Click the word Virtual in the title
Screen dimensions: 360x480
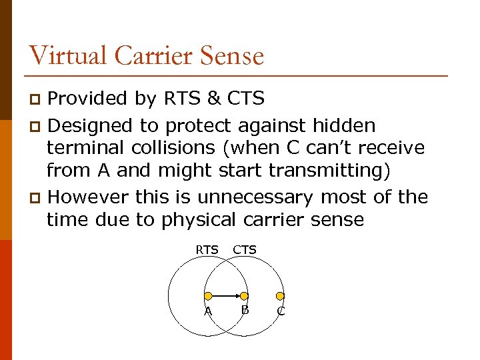pyautogui.click(x=67, y=55)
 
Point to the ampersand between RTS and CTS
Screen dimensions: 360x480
pyautogui.click(x=213, y=99)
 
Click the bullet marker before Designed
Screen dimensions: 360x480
pyautogui.click(x=37, y=126)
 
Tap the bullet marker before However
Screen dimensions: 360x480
pyautogui.click(x=37, y=198)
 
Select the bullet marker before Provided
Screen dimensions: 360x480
pyautogui.click(x=37, y=100)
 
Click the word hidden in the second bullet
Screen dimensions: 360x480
pyautogui.click(x=347, y=125)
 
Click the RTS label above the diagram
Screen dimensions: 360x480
pyautogui.click(x=207, y=250)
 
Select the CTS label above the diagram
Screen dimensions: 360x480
pyautogui.click(x=245, y=250)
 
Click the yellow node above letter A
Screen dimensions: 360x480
pyautogui.click(x=208, y=295)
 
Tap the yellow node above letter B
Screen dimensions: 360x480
pyautogui.click(x=244, y=295)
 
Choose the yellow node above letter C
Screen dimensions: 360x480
pyautogui.click(x=280, y=295)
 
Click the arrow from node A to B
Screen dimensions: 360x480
pyautogui.click(x=226, y=295)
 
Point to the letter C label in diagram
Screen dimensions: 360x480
pyautogui.click(x=281, y=311)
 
